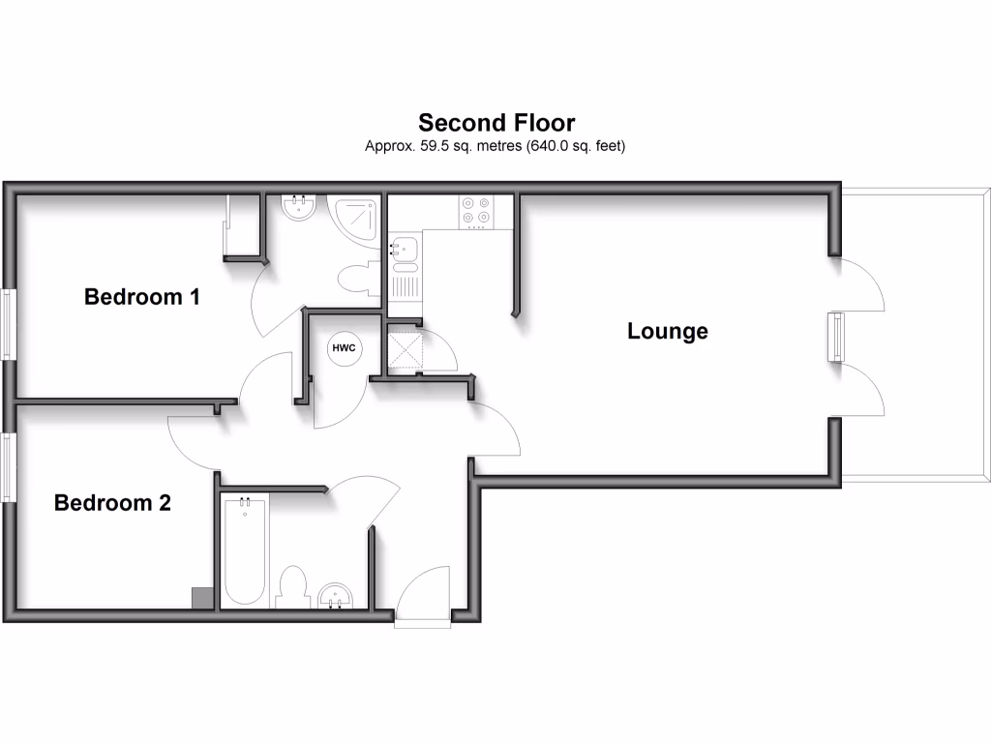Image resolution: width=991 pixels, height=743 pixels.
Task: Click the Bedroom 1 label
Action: (142, 296)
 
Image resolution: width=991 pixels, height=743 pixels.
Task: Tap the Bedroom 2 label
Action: (112, 503)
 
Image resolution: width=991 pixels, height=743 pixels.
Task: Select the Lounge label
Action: (668, 331)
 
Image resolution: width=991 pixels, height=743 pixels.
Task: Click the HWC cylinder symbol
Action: (344, 348)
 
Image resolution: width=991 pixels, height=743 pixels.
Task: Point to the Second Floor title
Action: (496, 123)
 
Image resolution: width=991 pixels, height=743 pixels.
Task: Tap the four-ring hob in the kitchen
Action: (476, 211)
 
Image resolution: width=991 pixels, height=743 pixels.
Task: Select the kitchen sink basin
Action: (404, 249)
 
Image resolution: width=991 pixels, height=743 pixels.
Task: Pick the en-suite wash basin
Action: (298, 208)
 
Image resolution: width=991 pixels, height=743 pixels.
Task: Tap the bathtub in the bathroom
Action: (245, 550)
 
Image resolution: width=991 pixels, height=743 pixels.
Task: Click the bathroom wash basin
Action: (335, 596)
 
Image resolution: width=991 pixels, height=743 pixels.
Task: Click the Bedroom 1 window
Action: (8, 324)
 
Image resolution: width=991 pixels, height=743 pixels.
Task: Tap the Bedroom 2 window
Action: (8, 467)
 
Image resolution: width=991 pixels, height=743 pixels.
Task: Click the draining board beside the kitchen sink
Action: (405, 285)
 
